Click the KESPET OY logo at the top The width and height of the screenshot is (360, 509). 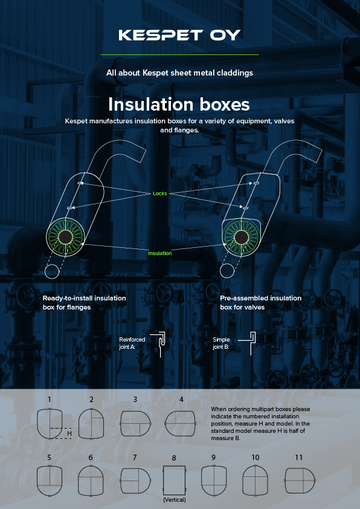tap(179, 35)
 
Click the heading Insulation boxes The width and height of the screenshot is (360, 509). tap(179, 105)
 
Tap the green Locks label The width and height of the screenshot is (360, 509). tap(160, 193)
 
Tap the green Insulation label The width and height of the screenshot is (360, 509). tap(160, 253)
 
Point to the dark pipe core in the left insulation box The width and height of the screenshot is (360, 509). tap(65, 236)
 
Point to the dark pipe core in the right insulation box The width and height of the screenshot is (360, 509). tap(241, 238)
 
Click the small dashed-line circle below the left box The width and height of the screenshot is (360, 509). tap(52, 271)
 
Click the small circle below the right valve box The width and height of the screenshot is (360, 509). tap(227, 271)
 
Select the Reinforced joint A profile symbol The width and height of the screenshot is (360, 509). tap(160, 344)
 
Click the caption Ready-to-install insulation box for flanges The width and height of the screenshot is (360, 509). tap(85, 302)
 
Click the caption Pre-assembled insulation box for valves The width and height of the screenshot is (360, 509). tap(261, 302)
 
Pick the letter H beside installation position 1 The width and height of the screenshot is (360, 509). tap(69, 433)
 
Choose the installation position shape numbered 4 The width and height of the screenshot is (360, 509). tap(180, 424)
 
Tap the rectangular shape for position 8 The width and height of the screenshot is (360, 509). tap(175, 481)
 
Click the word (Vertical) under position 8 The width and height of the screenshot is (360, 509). tap(175, 500)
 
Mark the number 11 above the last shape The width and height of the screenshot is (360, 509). tap(299, 458)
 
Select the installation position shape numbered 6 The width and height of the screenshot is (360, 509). tap(91, 481)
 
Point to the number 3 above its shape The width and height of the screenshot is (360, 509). tap(135, 400)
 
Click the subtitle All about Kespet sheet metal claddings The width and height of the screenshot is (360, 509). tap(179, 73)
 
